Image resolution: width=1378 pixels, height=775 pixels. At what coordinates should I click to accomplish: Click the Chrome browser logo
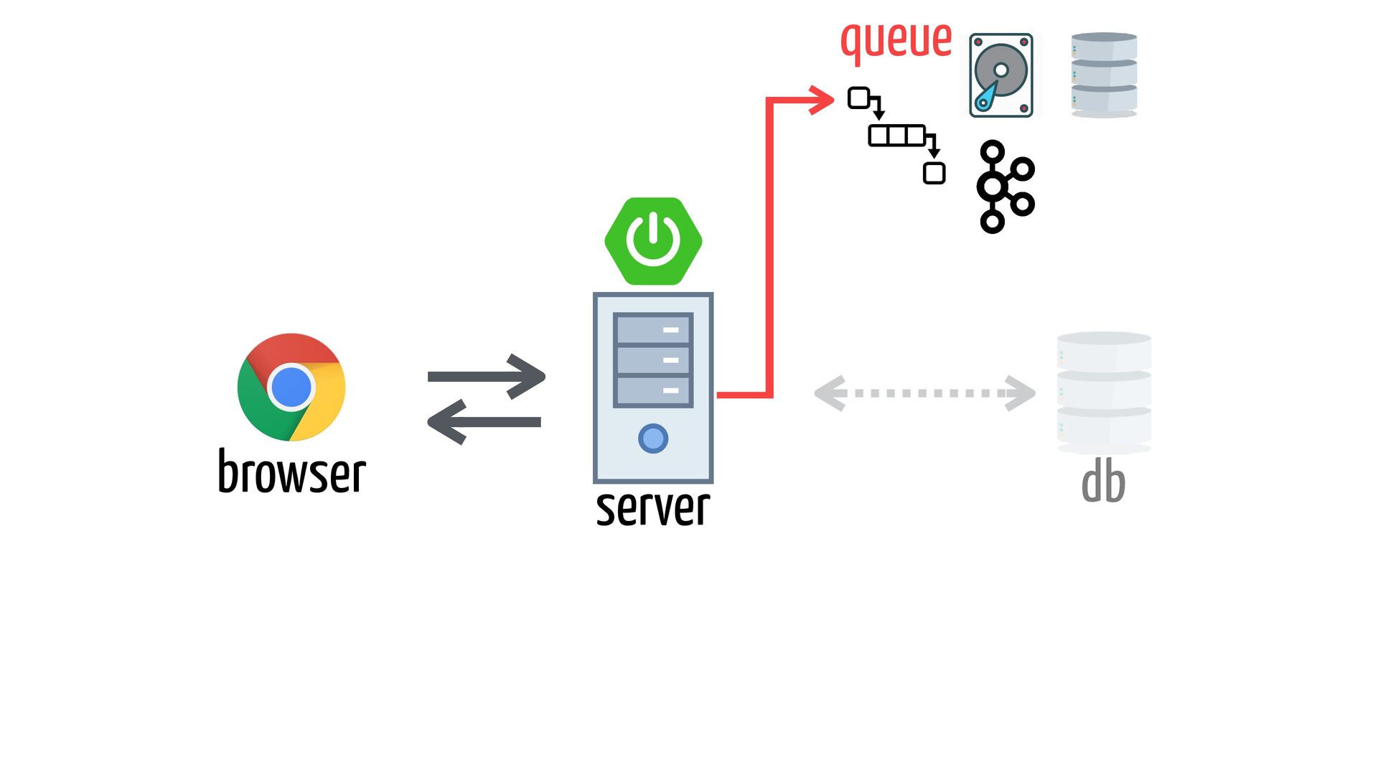pyautogui.click(x=291, y=387)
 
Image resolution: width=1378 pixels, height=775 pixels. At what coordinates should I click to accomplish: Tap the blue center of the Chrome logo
pyautogui.click(x=291, y=387)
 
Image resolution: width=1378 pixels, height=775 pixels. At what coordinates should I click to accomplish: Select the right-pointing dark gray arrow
pyautogui.click(x=487, y=376)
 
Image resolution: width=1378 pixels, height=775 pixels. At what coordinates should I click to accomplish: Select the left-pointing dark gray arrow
pyautogui.click(x=484, y=421)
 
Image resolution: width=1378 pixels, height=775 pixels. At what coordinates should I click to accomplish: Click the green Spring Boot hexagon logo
pyautogui.click(x=653, y=241)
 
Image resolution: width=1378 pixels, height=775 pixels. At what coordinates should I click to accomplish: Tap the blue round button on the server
pyautogui.click(x=653, y=438)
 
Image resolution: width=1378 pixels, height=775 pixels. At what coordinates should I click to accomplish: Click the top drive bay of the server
pyautogui.click(x=653, y=329)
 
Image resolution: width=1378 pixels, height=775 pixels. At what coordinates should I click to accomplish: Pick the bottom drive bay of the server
pyautogui.click(x=653, y=390)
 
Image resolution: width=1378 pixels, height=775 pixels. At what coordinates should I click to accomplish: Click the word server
pyautogui.click(x=653, y=508)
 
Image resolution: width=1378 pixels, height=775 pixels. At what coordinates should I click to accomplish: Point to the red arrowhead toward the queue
pyautogui.click(x=821, y=100)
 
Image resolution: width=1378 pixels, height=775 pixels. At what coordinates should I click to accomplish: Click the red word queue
pyautogui.click(x=896, y=42)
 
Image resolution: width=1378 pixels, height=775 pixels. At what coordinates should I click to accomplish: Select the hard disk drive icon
pyautogui.click(x=1001, y=75)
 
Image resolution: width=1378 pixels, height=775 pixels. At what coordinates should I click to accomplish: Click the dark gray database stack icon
pyautogui.click(x=1104, y=75)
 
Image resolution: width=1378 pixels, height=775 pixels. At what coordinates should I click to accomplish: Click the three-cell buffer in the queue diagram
pyautogui.click(x=896, y=136)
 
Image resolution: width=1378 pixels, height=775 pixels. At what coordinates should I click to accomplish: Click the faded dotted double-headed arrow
pyautogui.click(x=924, y=393)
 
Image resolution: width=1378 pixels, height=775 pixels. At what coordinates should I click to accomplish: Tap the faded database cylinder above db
pyautogui.click(x=1104, y=393)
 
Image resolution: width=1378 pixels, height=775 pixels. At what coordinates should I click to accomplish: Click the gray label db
pyautogui.click(x=1103, y=482)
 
